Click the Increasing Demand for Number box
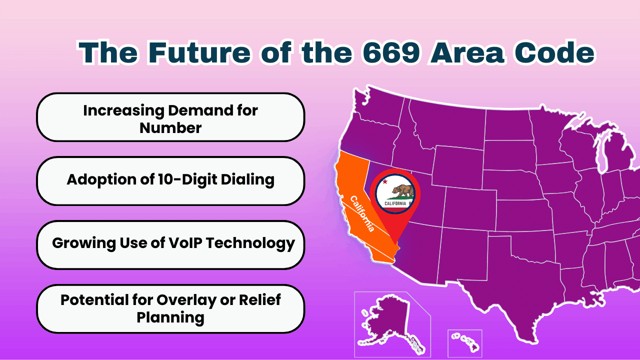(170, 118)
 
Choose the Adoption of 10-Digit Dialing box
(170, 180)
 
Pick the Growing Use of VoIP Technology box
(170, 244)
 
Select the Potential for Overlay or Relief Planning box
(170, 308)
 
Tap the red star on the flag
(385, 182)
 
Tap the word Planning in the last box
(170, 317)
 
